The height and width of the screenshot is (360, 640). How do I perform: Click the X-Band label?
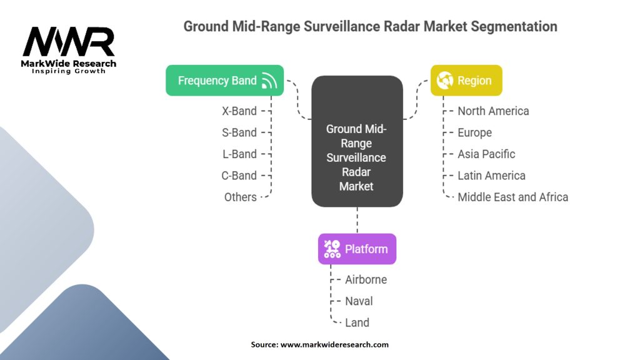pyautogui.click(x=239, y=111)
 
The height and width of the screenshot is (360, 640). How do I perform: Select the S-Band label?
pyautogui.click(x=239, y=132)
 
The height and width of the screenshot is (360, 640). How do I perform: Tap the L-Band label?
pyautogui.click(x=239, y=154)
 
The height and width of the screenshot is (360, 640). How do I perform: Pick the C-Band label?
pyautogui.click(x=239, y=176)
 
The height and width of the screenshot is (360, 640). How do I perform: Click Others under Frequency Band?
pyautogui.click(x=241, y=197)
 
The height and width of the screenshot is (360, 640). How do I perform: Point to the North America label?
pyautogui.click(x=493, y=111)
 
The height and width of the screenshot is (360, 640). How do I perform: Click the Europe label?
pyautogui.click(x=474, y=132)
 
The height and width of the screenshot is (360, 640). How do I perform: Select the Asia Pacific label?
pyautogui.click(x=486, y=154)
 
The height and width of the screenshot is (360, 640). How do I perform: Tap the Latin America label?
pyautogui.click(x=491, y=176)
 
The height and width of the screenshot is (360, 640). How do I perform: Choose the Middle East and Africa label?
pyautogui.click(x=512, y=197)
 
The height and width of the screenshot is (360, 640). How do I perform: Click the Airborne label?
pyautogui.click(x=366, y=279)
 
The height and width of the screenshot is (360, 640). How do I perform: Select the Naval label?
pyautogui.click(x=359, y=301)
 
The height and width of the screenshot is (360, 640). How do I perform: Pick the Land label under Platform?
pyautogui.click(x=357, y=322)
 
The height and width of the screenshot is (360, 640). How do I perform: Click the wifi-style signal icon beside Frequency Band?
pyautogui.click(x=269, y=81)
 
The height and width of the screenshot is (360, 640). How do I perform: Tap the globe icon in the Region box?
pyautogui.click(x=445, y=81)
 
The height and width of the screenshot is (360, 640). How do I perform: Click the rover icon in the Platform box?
pyautogui.click(x=332, y=249)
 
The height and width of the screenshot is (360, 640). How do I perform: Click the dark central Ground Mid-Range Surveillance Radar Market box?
pyautogui.click(x=357, y=141)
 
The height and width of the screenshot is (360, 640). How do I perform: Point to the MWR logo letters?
pyautogui.click(x=68, y=42)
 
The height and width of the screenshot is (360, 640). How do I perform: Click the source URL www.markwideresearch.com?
pyautogui.click(x=335, y=344)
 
